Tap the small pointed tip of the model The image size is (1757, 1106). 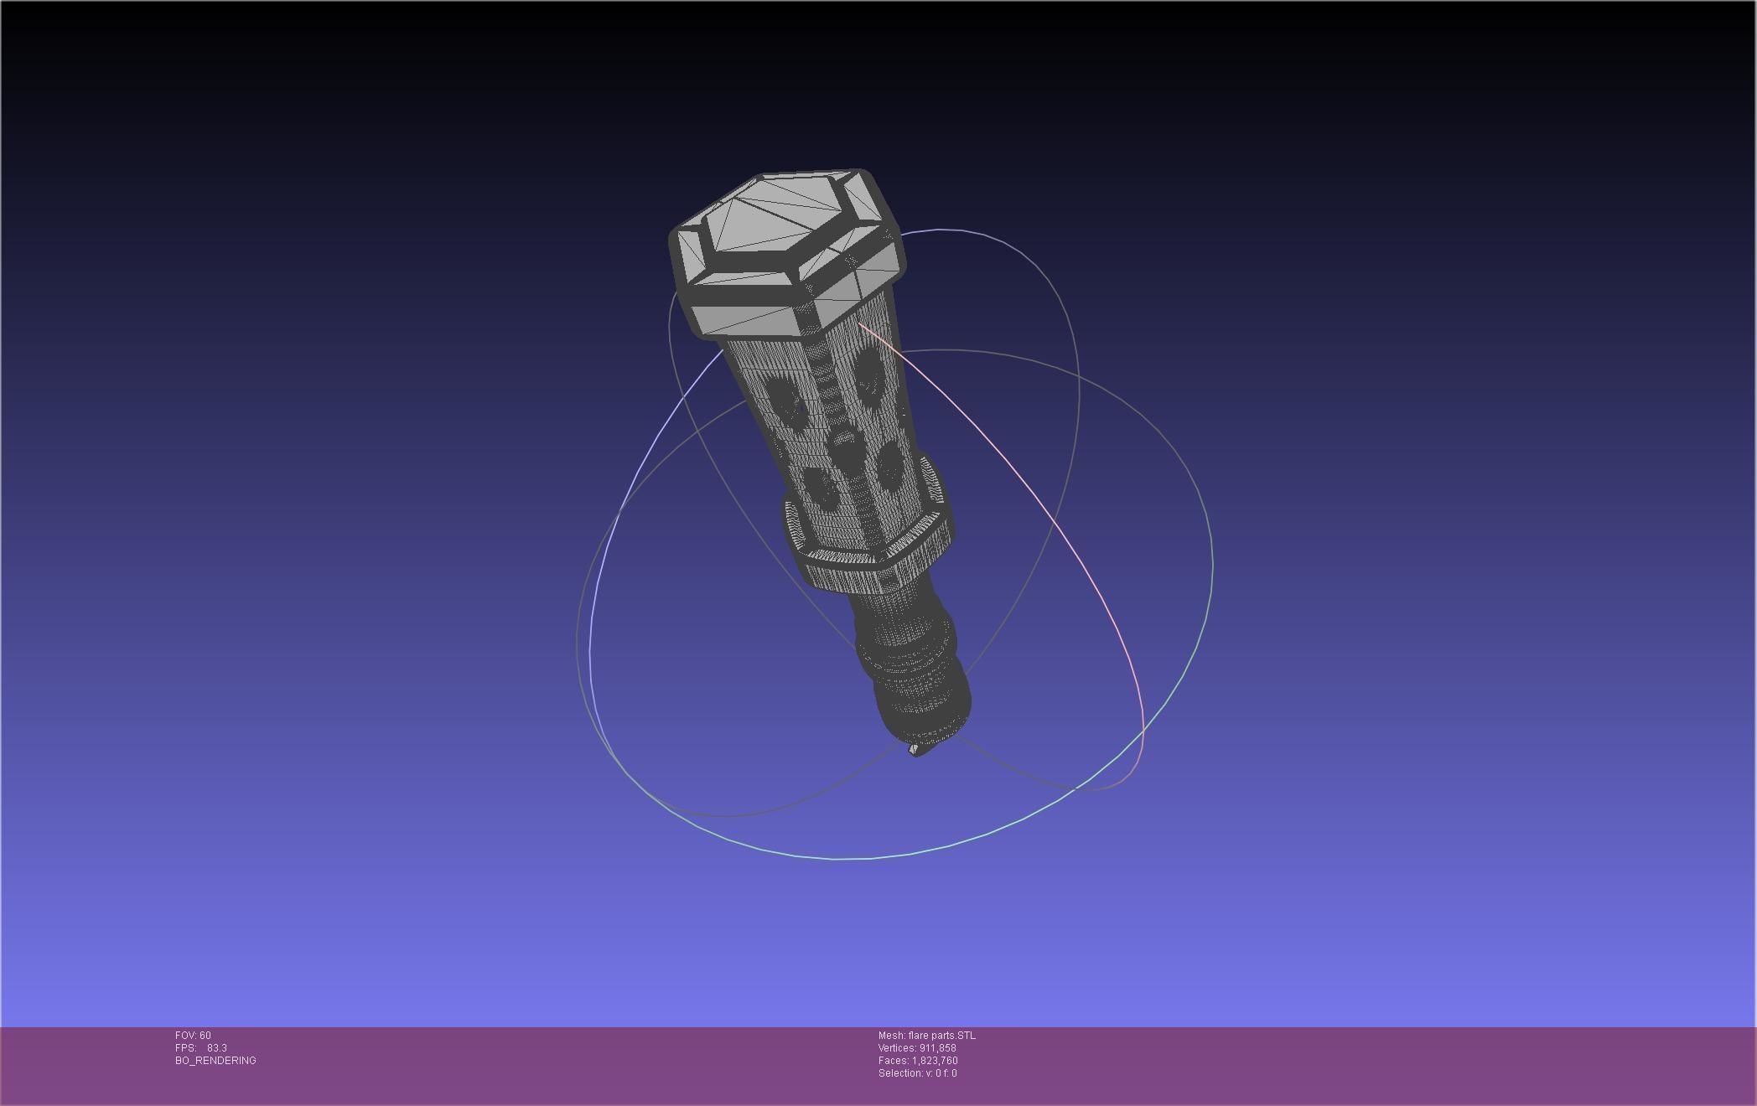[x=914, y=750]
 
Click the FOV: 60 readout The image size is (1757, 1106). [x=193, y=1036]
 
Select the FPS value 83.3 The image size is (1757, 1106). [x=217, y=1048]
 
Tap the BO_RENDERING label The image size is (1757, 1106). [x=215, y=1061]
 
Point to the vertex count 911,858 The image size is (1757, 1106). [x=936, y=1048]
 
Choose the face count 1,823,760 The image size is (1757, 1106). [x=935, y=1061]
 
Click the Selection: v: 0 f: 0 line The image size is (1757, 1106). [x=917, y=1073]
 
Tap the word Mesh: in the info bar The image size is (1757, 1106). [x=891, y=1036]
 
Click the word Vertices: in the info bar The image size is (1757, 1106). [x=897, y=1048]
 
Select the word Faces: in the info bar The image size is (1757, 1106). [x=894, y=1061]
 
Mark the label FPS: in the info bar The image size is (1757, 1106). [x=185, y=1048]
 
